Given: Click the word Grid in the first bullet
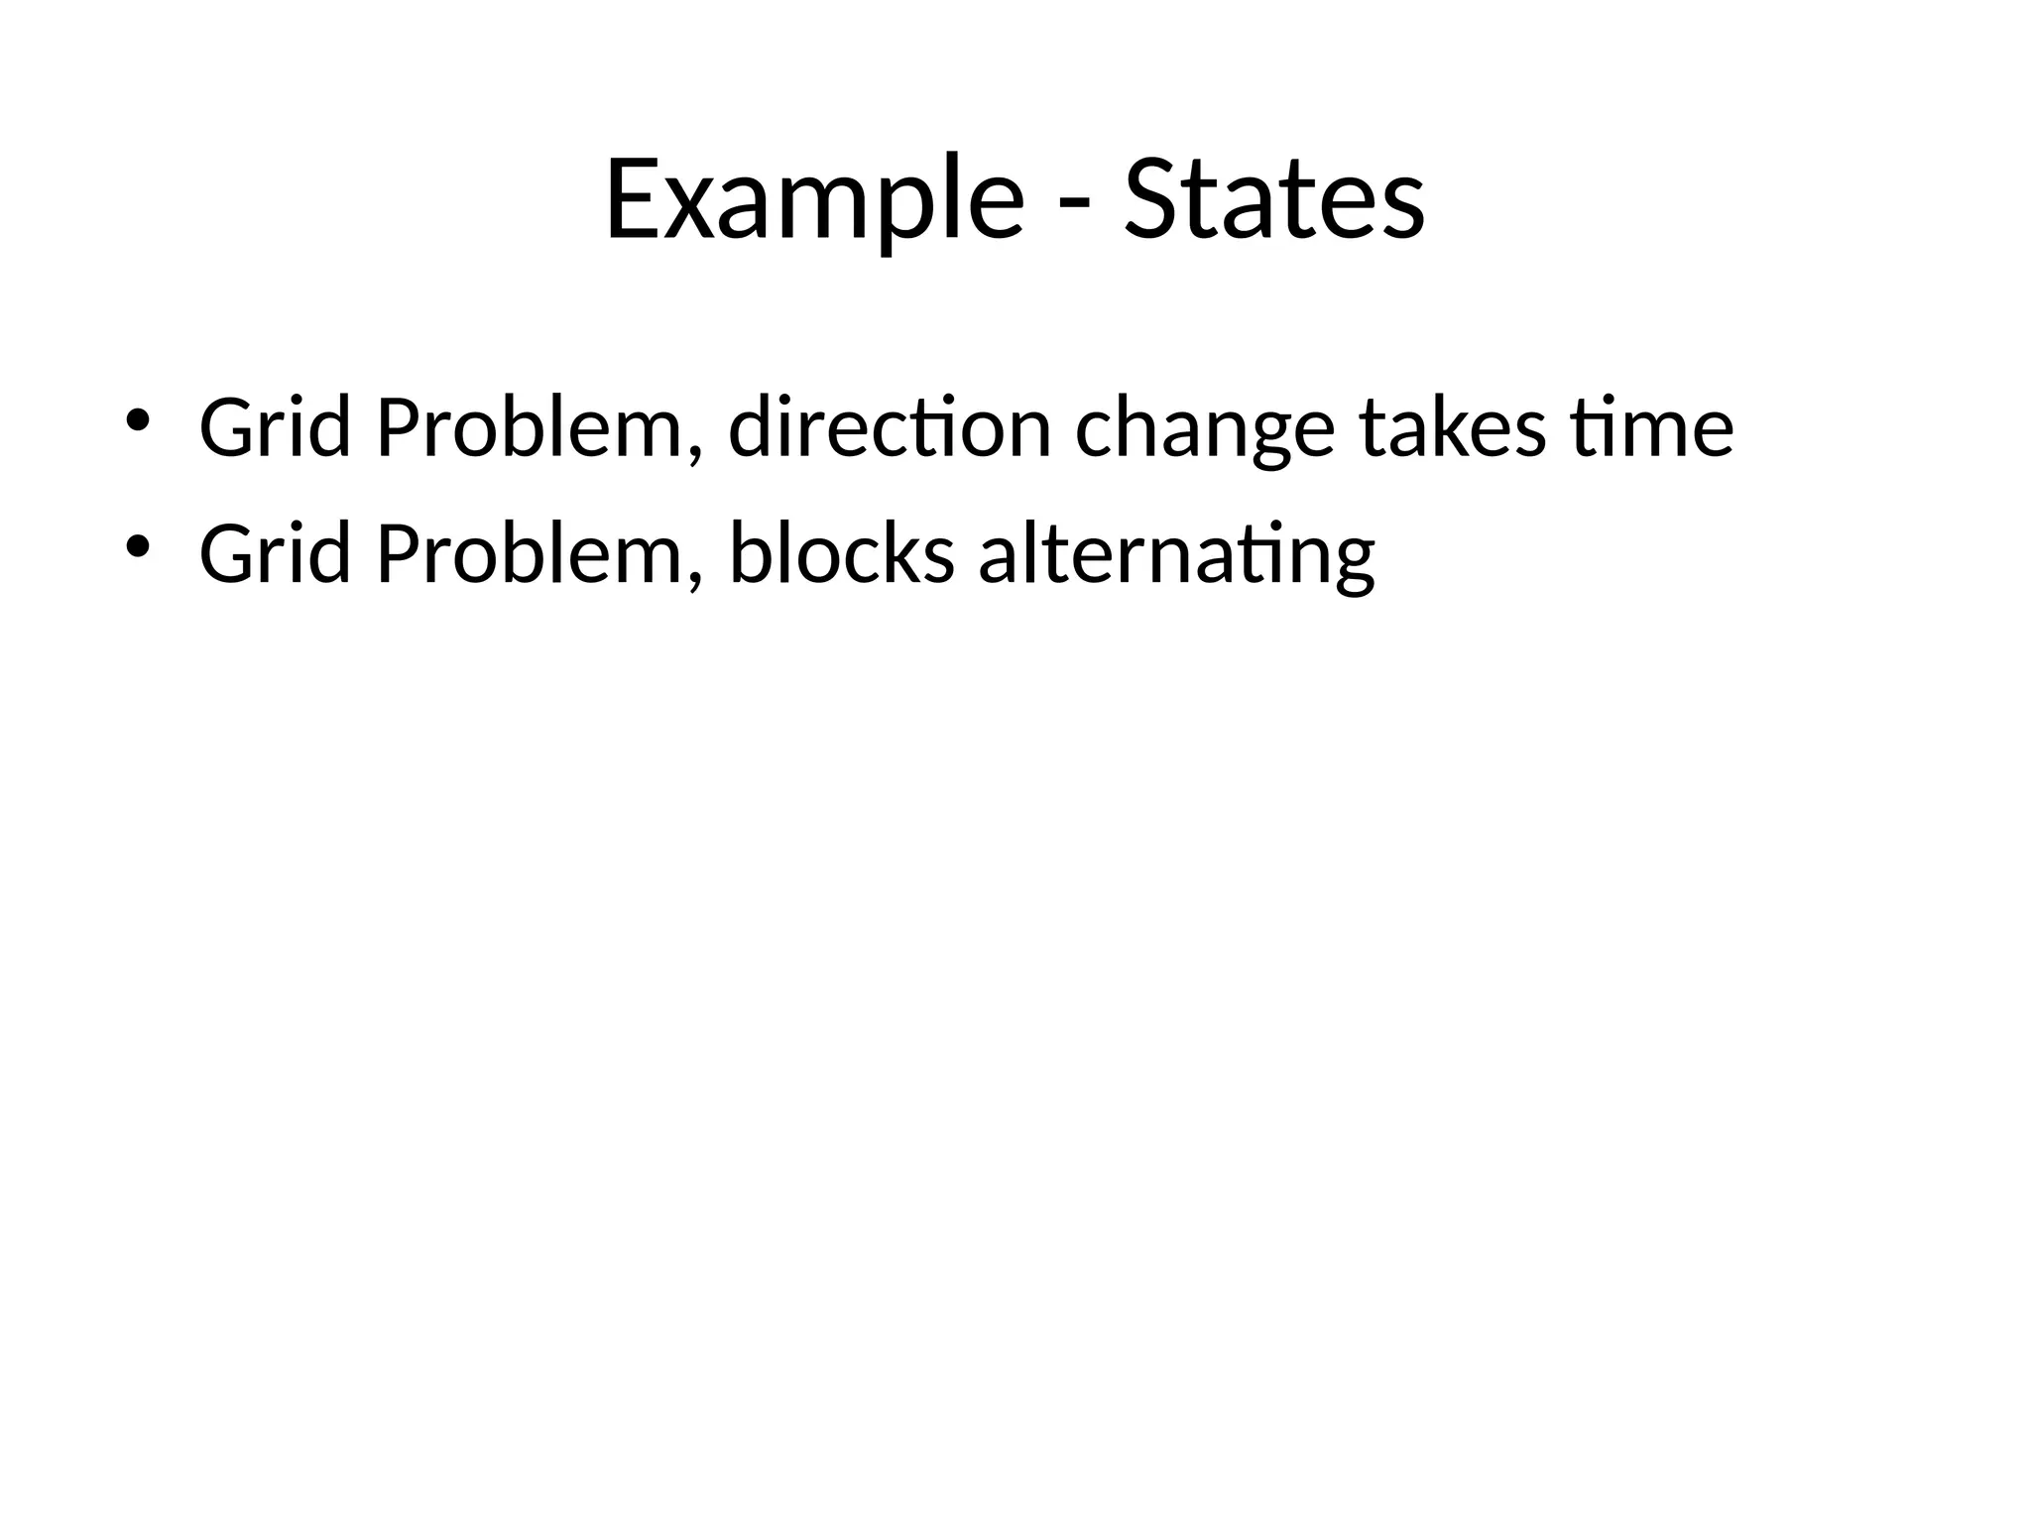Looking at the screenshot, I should tap(275, 427).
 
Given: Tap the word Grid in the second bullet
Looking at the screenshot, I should tap(275, 554).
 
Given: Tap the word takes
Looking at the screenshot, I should tap(1452, 427).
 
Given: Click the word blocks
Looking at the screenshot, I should tap(842, 554).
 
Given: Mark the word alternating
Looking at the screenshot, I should tap(1176, 554).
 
